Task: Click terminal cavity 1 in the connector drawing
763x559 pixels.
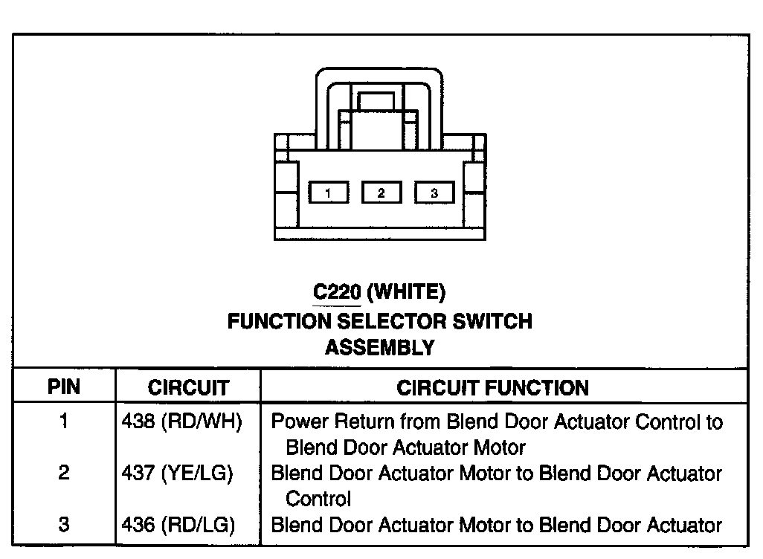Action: click(x=328, y=193)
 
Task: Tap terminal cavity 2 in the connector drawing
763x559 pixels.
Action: click(x=381, y=193)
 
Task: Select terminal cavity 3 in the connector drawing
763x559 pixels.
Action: click(x=434, y=193)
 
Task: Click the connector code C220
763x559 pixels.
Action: click(x=336, y=293)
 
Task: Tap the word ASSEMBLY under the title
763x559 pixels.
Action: click(x=379, y=347)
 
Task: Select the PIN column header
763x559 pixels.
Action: click(x=64, y=387)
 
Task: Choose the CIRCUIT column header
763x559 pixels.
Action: click(x=188, y=387)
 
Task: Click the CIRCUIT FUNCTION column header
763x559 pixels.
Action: click(x=492, y=387)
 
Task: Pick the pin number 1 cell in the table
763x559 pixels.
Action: click(x=64, y=422)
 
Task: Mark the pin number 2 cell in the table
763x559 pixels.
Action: click(x=64, y=473)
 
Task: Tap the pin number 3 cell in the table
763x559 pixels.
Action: click(x=64, y=525)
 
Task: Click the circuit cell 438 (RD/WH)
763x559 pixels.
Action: click(x=181, y=422)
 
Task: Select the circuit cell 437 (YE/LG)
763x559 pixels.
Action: click(x=178, y=473)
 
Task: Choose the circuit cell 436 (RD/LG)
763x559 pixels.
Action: click(x=178, y=525)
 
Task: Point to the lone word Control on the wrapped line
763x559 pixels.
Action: click(x=318, y=498)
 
